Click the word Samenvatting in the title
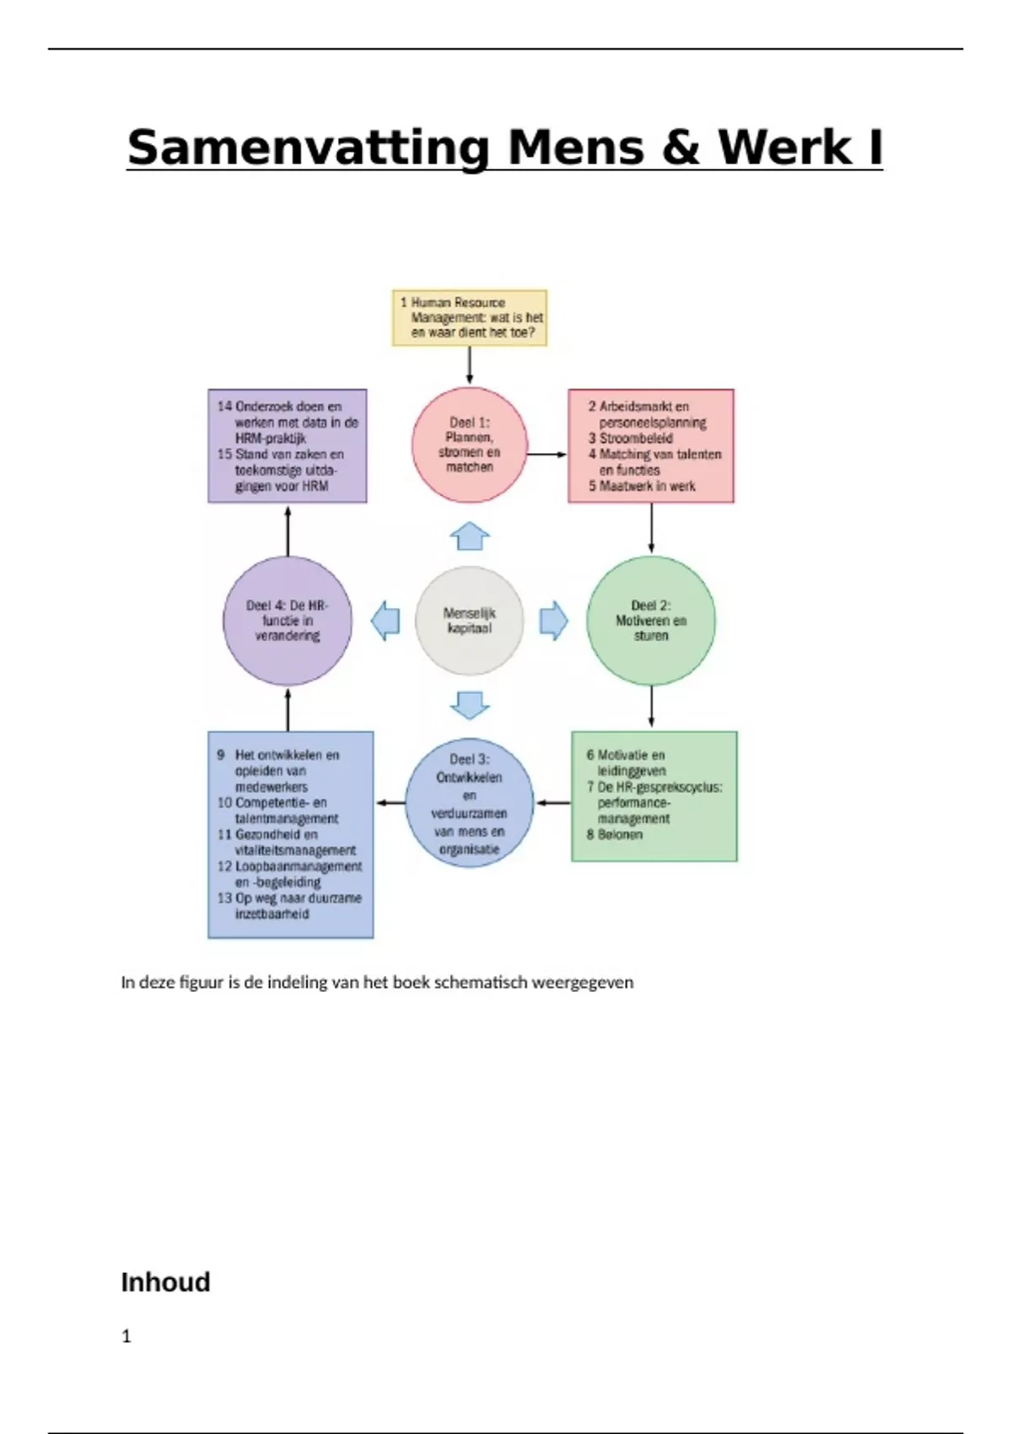(309, 148)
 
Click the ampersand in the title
(681, 148)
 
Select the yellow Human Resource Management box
(470, 317)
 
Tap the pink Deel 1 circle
(470, 445)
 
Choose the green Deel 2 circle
(650, 620)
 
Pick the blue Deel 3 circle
(470, 803)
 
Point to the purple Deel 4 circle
(288, 620)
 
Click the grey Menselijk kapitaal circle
(470, 621)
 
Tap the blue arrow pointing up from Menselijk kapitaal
(470, 536)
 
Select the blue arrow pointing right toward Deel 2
(553, 621)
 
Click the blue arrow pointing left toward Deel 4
(386, 621)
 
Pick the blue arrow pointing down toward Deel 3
(470, 704)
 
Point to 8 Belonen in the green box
(615, 834)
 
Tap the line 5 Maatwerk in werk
(642, 486)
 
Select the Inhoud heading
(165, 1282)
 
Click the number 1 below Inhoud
(126, 1336)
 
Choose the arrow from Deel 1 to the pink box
(547, 455)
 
